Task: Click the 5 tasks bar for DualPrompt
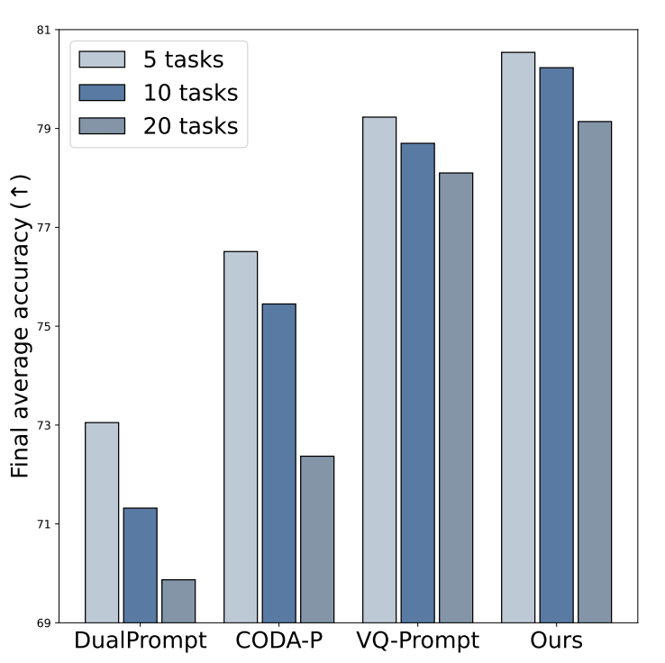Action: click(102, 522)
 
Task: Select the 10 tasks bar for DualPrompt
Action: click(141, 565)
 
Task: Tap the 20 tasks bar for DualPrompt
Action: click(178, 601)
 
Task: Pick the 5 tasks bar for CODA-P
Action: click(241, 437)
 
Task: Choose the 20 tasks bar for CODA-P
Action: click(317, 540)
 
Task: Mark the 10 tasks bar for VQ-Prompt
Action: click(418, 383)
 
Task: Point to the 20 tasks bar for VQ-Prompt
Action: click(456, 397)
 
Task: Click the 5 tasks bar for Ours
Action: click(518, 338)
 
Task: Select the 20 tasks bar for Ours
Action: click(595, 372)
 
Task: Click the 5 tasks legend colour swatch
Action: click(102, 59)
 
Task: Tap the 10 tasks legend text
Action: click(191, 93)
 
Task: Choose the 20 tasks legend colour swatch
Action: click(102, 126)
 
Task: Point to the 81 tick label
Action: click(43, 30)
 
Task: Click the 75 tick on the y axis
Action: click(43, 326)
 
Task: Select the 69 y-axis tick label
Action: click(43, 622)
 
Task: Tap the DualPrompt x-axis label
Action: click(141, 640)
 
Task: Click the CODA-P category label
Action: click(279, 640)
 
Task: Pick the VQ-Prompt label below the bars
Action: click(418, 640)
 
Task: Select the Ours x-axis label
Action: click(557, 640)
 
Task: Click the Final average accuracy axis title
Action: click(20, 326)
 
